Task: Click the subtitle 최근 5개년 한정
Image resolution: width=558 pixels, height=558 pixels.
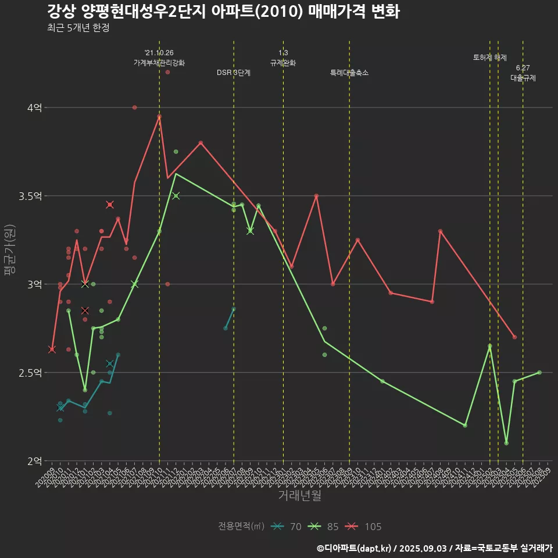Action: (x=78, y=28)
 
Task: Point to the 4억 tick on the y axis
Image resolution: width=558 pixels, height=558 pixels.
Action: (x=34, y=108)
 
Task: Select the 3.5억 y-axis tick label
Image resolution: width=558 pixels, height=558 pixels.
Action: (x=30, y=196)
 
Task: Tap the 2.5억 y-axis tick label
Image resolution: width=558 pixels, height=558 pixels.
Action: (x=30, y=373)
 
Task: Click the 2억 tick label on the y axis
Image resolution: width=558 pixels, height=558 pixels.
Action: (x=34, y=461)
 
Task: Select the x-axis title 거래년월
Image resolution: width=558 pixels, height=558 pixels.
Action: (x=299, y=495)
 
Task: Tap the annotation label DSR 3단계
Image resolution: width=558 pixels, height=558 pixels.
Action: (x=234, y=73)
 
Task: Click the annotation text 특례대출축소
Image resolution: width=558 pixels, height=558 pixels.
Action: (x=349, y=73)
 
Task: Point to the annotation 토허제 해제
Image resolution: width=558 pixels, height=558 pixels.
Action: (x=490, y=58)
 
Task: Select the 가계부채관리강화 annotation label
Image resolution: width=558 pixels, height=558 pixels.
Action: (x=159, y=62)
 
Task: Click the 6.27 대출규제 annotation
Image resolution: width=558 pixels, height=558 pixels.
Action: (x=523, y=73)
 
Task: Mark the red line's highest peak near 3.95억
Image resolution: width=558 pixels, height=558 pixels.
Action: (x=159, y=116)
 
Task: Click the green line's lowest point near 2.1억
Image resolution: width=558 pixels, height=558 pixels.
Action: (x=506, y=443)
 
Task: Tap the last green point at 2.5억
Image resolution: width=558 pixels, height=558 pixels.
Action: (x=539, y=372)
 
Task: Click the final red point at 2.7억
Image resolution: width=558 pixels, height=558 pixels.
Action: (x=514, y=337)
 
